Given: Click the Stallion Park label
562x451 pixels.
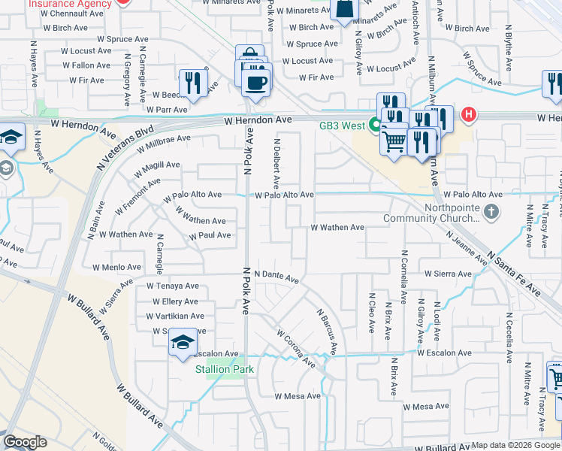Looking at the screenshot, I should coord(225,369).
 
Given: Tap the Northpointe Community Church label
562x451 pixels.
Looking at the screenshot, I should coord(431,213).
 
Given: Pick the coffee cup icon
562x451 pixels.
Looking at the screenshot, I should coord(256,81).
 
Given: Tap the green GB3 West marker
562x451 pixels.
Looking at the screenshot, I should coord(373,125).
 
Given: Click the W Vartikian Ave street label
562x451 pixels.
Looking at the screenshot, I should coord(175,316).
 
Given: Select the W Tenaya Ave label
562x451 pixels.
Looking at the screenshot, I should coord(173,286).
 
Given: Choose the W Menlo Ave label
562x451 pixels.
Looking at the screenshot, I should coord(116,267).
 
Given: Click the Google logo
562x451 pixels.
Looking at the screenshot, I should coord(25,442).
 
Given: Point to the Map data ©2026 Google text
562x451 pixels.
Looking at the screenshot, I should coord(515,445).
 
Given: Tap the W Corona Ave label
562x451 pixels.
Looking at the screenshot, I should coord(295,347).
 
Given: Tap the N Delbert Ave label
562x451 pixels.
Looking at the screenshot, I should coord(276,162).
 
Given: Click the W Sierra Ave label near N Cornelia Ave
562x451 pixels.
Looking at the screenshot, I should coord(447,274).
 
